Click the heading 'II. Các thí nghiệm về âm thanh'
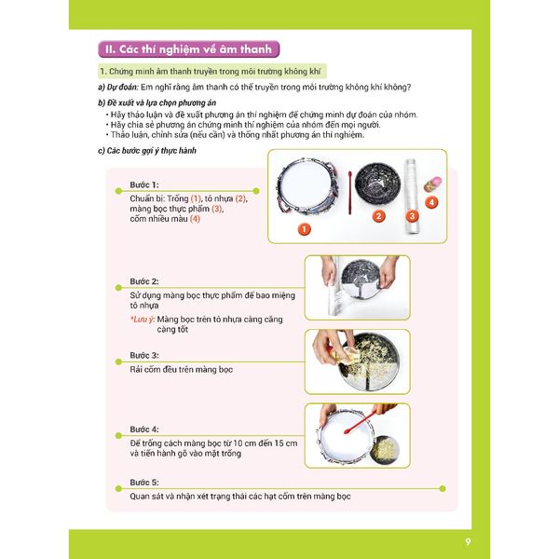(x=189, y=49)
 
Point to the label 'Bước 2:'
(x=143, y=281)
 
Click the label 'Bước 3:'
(x=143, y=356)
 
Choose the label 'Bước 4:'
(x=143, y=429)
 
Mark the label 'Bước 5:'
(x=143, y=482)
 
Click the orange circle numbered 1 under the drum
(x=303, y=227)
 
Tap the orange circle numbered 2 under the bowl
(x=378, y=216)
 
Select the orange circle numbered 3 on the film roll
(x=412, y=216)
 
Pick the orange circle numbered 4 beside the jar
(x=431, y=201)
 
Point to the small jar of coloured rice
(x=432, y=182)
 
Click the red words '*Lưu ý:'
(x=145, y=320)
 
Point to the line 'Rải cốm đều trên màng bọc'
(x=182, y=370)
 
